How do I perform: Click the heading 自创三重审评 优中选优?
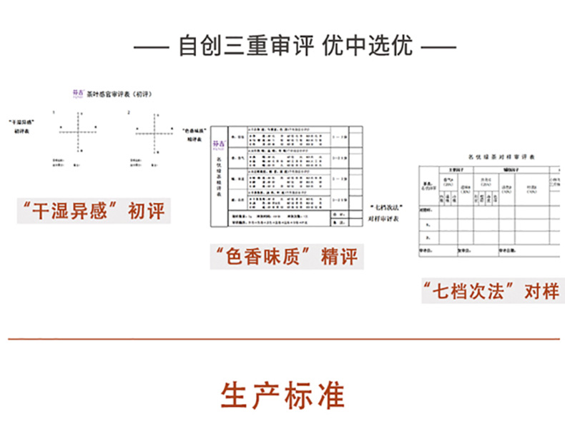[296, 48]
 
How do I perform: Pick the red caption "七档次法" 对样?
[490, 292]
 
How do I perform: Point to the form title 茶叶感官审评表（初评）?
[122, 94]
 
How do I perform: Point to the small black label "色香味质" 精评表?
[195, 136]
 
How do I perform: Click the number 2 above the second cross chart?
[128, 112]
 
